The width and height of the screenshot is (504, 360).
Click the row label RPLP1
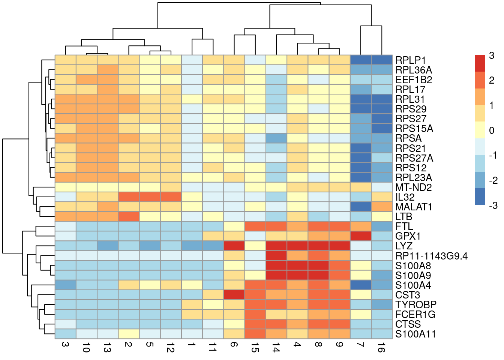[x=411, y=60]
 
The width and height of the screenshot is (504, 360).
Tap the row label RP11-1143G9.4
[x=431, y=256]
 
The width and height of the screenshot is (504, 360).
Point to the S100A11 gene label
[x=415, y=334]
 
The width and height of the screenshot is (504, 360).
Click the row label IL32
[x=405, y=197]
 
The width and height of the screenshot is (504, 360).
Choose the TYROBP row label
[x=416, y=305]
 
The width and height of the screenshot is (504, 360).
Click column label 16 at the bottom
[x=382, y=349]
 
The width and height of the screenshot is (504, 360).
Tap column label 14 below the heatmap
[x=276, y=349]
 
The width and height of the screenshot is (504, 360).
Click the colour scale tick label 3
[x=492, y=56]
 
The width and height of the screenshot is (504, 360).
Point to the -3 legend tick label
[x=493, y=205]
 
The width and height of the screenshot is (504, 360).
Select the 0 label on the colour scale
[x=492, y=131]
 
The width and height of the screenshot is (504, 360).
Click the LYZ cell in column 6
[x=234, y=246]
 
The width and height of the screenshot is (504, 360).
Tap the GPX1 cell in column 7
[x=361, y=236]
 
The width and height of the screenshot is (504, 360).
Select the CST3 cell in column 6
[x=234, y=295]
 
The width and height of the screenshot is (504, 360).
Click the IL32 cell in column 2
[x=129, y=197]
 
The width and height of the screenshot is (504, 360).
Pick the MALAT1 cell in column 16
[x=382, y=207]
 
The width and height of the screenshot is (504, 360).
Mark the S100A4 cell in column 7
[x=361, y=285]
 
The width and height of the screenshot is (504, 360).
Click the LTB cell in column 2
[x=129, y=217]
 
